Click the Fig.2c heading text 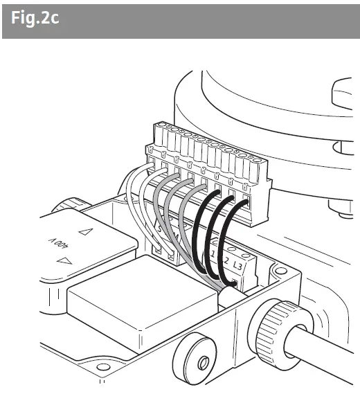[35, 18]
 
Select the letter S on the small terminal [161, 229]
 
